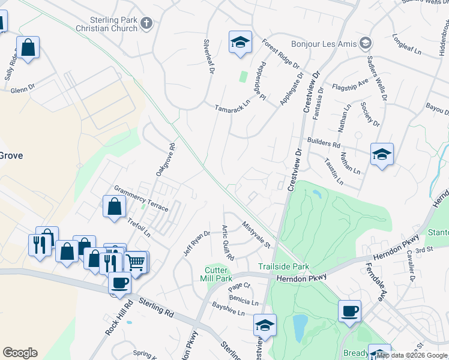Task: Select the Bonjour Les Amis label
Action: [x=324, y=44]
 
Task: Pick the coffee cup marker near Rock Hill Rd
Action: [x=119, y=283]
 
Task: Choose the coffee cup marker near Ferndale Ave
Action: [x=349, y=311]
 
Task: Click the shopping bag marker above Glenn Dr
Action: [x=28, y=47]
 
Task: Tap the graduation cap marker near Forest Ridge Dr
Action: [x=240, y=43]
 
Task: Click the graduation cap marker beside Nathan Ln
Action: [x=382, y=155]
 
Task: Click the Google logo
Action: [x=20, y=353]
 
